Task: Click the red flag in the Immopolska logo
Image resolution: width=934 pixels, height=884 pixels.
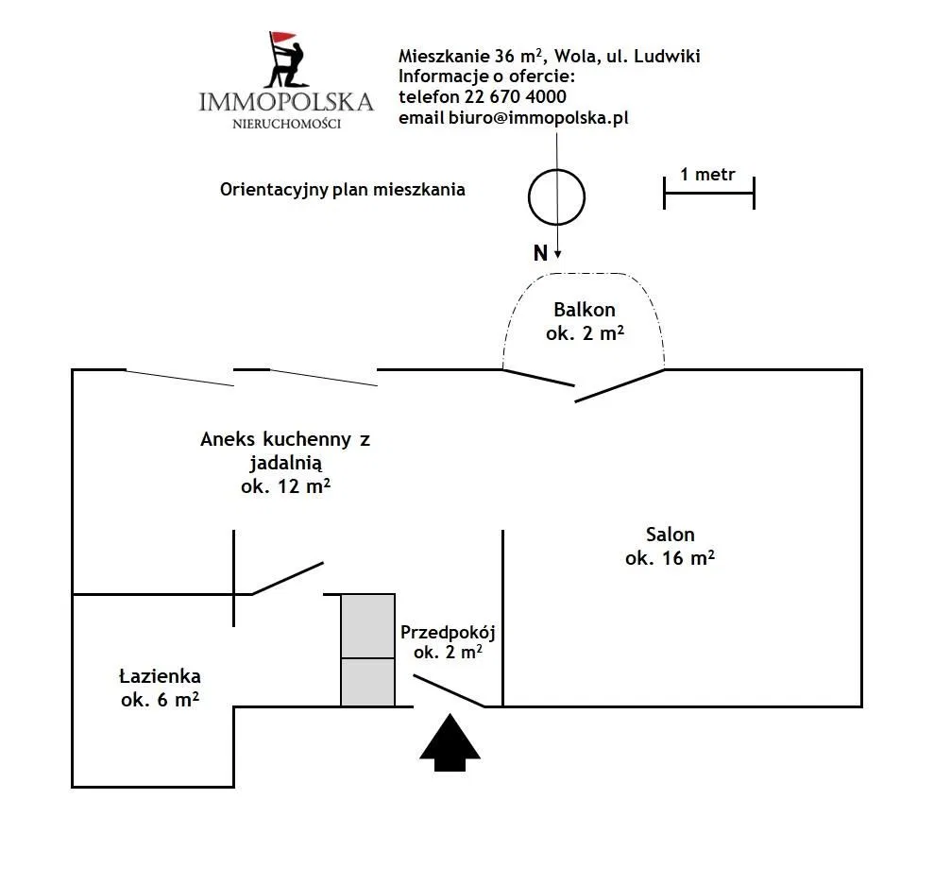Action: (x=282, y=38)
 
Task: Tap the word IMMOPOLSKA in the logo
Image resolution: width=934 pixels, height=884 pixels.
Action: (x=286, y=102)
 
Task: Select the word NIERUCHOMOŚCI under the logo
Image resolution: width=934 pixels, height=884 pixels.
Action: (x=286, y=124)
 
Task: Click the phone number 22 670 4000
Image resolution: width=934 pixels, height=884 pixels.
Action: (x=516, y=96)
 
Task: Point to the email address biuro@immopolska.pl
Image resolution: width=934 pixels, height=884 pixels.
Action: (x=538, y=117)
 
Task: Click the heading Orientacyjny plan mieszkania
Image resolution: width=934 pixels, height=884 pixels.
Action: (x=343, y=190)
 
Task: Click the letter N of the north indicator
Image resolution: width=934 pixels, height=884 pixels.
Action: (x=540, y=253)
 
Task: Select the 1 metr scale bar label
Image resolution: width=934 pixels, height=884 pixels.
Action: (x=707, y=175)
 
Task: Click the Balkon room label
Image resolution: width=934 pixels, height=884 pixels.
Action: (x=585, y=310)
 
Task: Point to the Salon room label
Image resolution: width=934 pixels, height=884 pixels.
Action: (x=671, y=535)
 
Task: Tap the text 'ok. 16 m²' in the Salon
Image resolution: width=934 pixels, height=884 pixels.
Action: (x=671, y=557)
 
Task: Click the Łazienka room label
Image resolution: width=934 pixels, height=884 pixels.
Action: (x=160, y=676)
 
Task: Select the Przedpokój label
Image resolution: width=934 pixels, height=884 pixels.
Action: (x=448, y=633)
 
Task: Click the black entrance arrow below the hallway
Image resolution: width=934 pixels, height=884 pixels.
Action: (x=450, y=742)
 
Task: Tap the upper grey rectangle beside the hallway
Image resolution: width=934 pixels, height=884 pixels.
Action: (x=367, y=626)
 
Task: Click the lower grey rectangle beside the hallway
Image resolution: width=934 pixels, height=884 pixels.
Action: (x=367, y=682)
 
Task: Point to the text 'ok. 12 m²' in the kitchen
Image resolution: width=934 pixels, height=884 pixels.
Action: (x=286, y=486)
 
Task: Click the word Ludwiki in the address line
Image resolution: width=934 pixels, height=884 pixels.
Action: (x=667, y=56)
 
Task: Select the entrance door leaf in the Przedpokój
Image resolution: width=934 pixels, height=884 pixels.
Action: (x=450, y=691)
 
